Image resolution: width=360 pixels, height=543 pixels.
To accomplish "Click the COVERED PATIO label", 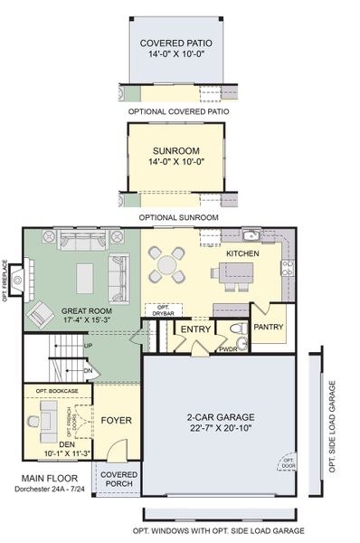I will click(x=177, y=43).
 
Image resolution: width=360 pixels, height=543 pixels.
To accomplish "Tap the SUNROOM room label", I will click(x=177, y=150).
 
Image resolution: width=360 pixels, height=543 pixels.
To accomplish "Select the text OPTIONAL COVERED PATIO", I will click(x=178, y=111).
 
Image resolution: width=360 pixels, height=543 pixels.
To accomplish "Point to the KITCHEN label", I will click(x=242, y=253).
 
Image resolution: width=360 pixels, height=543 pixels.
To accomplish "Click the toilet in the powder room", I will click(x=235, y=329).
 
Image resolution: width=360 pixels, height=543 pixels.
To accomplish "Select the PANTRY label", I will click(x=269, y=327).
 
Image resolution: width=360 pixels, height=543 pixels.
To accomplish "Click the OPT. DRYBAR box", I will click(x=164, y=310).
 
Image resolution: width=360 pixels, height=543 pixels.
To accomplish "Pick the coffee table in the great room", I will click(x=86, y=273).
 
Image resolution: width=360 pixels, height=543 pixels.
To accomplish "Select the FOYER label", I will click(x=116, y=420).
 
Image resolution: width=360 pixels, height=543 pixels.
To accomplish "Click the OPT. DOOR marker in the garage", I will click(x=288, y=463).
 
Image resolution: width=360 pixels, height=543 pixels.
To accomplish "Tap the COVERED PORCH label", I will click(x=118, y=479).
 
